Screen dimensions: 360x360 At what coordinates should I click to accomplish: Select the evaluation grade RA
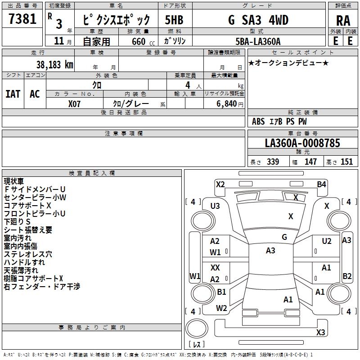coord(342,21)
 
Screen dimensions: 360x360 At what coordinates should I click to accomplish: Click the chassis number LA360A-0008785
coord(302,144)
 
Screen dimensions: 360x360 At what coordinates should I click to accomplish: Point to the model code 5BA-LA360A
coord(257,41)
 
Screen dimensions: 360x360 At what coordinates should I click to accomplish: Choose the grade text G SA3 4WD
coord(258,20)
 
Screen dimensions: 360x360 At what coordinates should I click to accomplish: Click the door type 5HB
coord(174,20)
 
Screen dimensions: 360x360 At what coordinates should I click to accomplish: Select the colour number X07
coord(75,103)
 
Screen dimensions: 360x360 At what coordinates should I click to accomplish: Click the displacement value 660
coord(138,41)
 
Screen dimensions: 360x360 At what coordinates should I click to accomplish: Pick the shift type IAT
coord(13,94)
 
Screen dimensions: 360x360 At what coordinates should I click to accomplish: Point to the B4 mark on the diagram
coord(321,184)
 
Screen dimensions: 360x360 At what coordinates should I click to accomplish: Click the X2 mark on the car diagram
coord(220,184)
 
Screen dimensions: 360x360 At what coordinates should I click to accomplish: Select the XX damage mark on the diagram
coord(215,268)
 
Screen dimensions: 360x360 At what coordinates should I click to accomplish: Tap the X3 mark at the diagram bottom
coord(320,333)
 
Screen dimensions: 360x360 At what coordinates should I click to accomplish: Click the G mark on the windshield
coord(284,237)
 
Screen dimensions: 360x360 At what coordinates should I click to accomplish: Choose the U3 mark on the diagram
coord(215,206)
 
